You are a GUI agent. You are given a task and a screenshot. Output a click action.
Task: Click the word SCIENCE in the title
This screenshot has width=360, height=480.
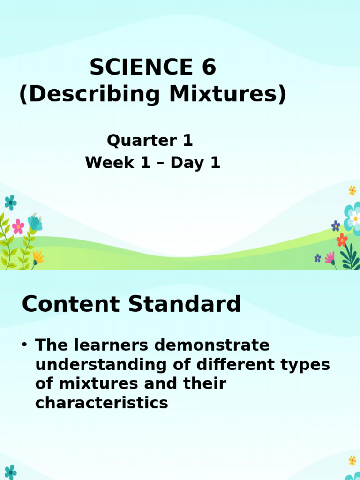point(135,68)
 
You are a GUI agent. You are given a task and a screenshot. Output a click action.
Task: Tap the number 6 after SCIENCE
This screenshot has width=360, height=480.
point(209,68)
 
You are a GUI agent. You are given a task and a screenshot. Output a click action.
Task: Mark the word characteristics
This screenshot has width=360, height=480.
point(102,403)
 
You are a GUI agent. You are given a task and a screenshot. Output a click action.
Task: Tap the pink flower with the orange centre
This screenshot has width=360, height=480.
point(18,226)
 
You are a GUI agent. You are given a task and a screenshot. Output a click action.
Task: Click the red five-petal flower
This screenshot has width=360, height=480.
point(342,240)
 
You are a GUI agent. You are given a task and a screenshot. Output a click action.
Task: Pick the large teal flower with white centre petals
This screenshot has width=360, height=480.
point(353,216)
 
